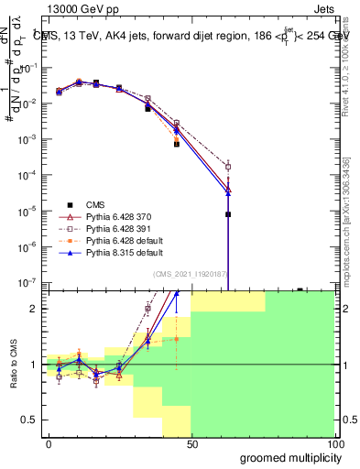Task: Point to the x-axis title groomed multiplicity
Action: click(287, 457)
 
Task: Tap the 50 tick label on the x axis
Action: click(192, 444)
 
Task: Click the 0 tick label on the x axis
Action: click(49, 444)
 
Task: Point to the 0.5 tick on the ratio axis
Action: click(31, 420)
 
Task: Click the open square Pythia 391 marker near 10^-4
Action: click(227, 167)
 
